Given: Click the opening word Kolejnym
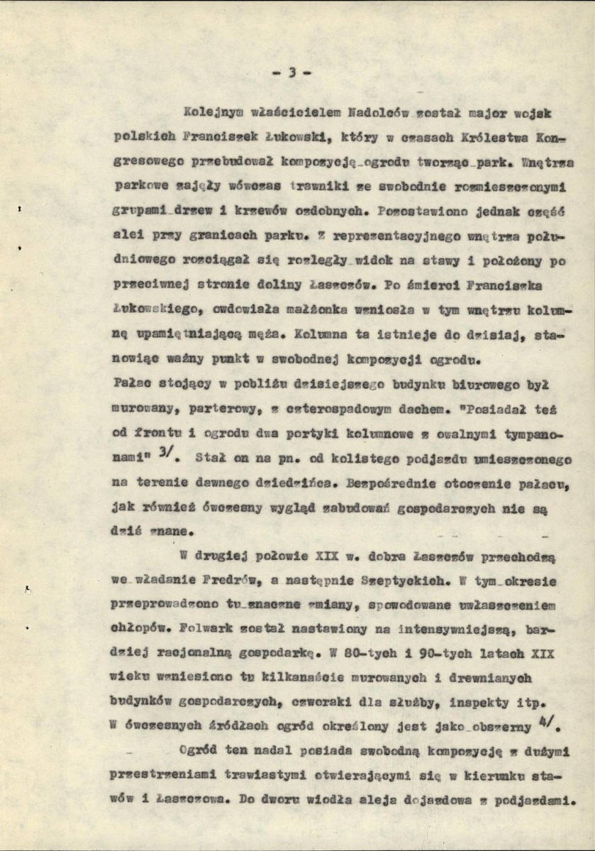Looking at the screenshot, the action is pyautogui.click(x=210, y=113).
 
